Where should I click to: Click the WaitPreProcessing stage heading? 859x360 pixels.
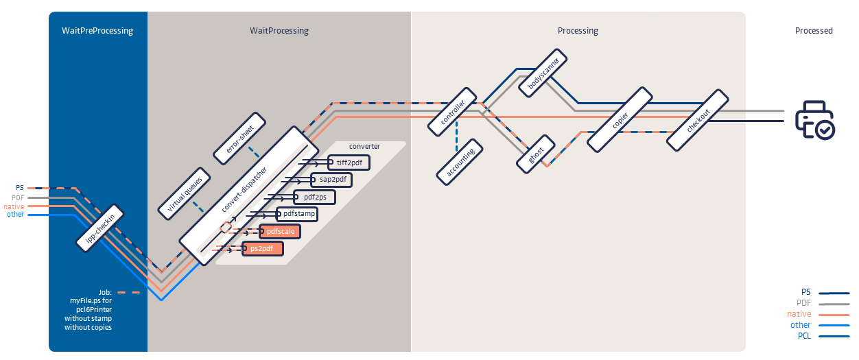97,31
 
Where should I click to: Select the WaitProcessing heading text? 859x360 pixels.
279,31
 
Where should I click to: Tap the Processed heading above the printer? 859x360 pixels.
813,31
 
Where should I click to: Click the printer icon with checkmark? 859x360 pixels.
814,120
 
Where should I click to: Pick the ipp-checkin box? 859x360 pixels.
99,227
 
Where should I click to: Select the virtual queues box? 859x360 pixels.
184,193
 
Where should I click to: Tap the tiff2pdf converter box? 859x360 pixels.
349,163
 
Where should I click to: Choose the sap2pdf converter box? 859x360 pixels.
331,180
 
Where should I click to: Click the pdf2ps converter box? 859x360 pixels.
314,197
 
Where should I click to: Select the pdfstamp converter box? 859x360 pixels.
298,214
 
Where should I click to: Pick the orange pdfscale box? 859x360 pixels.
281,232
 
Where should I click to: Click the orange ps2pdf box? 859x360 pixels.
263,248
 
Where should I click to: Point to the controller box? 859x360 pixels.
452,111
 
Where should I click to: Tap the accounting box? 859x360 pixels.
460,161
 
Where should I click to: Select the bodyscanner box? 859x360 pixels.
544,74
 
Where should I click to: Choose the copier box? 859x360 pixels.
620,119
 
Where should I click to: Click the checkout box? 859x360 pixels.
698,119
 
